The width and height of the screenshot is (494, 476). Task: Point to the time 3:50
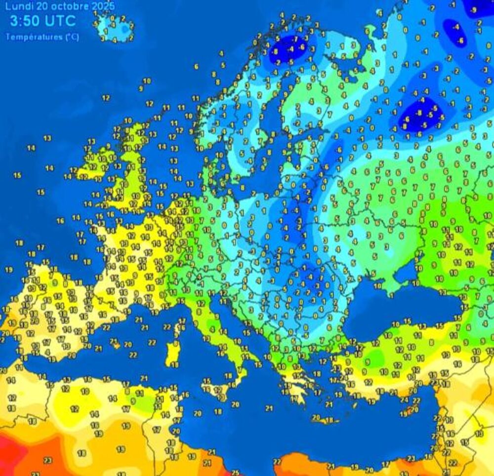[x=25, y=21]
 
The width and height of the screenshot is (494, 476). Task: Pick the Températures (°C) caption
[x=42, y=37]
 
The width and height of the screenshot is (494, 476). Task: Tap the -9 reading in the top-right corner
[x=474, y=10]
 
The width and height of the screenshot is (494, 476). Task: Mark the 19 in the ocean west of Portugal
[x=8, y=270]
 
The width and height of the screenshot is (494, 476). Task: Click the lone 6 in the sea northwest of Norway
[x=196, y=67]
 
